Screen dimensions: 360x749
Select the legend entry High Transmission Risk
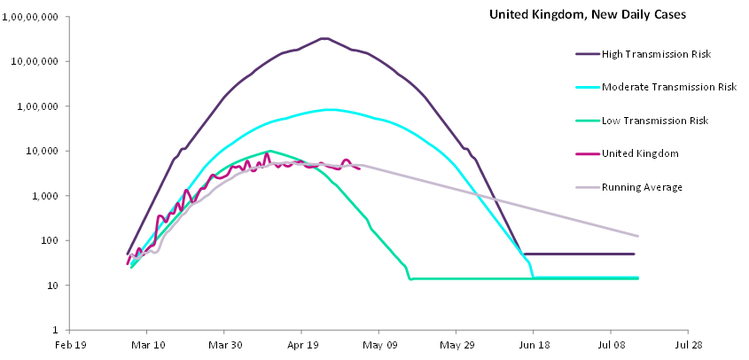657,55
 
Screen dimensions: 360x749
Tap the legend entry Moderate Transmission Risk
669,87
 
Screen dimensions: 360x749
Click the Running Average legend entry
642,186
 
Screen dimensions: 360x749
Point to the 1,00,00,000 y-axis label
30,17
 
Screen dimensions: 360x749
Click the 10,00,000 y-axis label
34,61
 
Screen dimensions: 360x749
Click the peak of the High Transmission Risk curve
324,38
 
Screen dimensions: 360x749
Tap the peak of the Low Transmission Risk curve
270,151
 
